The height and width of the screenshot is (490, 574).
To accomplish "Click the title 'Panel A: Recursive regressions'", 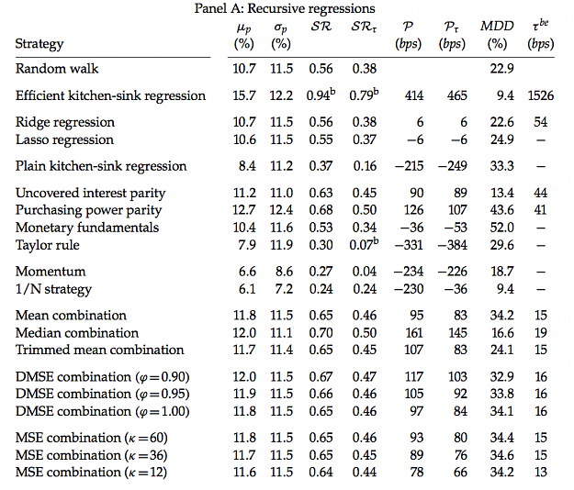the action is click(285, 8).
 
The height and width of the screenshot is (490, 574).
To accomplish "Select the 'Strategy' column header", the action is click(39, 44).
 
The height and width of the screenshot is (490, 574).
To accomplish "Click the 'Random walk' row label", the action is click(57, 69).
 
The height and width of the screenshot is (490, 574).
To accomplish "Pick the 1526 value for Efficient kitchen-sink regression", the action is click(541, 95).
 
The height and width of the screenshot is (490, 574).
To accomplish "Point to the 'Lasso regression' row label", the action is click(64, 139).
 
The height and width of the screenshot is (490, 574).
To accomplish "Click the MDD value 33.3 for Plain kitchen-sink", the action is click(501, 166).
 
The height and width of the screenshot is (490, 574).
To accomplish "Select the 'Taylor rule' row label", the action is click(47, 245).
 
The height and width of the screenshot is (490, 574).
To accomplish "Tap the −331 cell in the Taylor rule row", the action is click(409, 245).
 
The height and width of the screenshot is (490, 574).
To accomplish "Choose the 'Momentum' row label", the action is click(51, 272).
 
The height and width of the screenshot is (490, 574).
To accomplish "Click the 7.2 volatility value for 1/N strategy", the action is click(284, 289).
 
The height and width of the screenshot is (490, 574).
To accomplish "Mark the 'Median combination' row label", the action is click(77, 333).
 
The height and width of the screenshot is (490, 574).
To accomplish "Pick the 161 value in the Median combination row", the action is click(414, 333).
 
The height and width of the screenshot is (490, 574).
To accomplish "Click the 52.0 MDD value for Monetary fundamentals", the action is click(501, 228).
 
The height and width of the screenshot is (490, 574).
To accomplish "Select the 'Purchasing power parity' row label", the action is click(88, 210).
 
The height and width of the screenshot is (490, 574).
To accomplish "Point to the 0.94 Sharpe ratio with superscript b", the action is click(321, 95).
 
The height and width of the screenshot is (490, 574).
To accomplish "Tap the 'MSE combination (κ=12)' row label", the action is click(91, 473).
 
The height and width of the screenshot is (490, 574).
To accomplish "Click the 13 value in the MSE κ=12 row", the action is click(541, 472).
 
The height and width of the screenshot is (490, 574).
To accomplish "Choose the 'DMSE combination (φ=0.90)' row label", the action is click(103, 377).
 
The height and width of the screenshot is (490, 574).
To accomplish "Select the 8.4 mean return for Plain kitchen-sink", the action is click(247, 166).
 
